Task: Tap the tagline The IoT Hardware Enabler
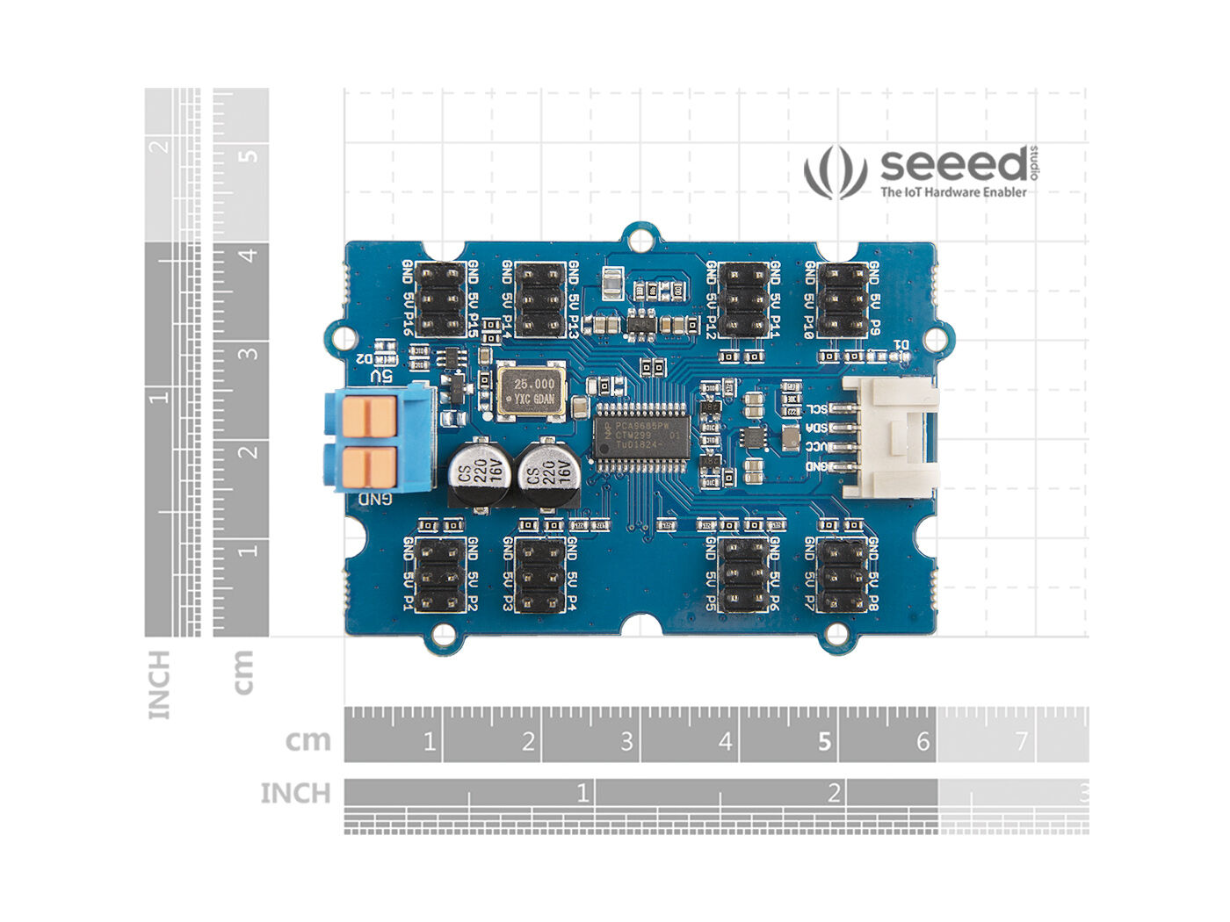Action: (x=953, y=192)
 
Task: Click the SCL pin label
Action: (x=817, y=409)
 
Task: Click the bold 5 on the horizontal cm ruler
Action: (x=824, y=742)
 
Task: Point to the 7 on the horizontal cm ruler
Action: (x=1021, y=742)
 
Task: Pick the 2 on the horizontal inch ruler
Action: (x=834, y=795)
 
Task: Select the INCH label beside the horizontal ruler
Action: (x=295, y=794)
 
